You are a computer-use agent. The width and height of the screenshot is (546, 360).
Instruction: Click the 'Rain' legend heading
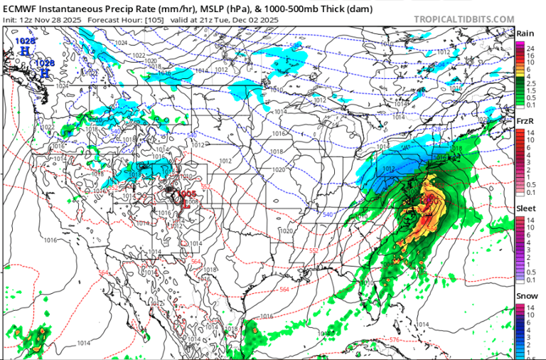tap(525, 33)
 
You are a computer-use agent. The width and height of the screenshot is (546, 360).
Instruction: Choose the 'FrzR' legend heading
tap(525, 122)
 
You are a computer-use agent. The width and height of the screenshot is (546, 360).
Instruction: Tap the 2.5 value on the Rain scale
tap(530, 83)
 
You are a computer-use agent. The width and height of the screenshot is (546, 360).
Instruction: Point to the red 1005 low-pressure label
tap(188, 193)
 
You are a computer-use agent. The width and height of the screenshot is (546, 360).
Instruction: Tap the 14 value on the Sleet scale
tap(530, 221)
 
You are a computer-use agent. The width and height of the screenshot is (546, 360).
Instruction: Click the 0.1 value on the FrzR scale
tap(530, 193)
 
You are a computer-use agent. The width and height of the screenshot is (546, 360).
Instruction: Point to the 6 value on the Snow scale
tap(530, 323)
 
